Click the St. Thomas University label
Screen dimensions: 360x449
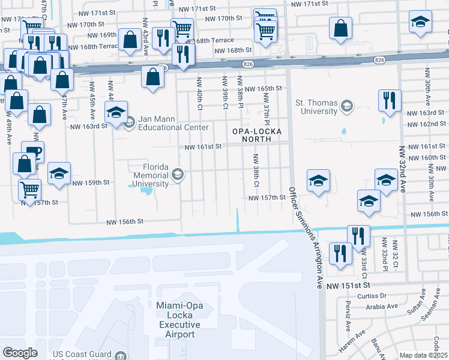point(316,107)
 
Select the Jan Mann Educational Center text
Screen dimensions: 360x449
point(164,123)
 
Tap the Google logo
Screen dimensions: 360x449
point(20,352)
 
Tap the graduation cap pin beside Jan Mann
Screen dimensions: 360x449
point(116,111)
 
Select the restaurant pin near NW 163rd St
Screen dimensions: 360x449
point(390,100)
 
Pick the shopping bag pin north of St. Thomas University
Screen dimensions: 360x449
point(340,28)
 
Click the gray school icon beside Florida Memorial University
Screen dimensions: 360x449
point(177,175)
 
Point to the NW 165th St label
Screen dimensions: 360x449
point(261,88)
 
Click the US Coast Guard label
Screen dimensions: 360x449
point(87,356)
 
